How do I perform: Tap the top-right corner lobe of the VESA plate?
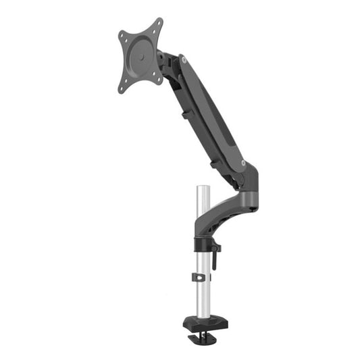click(159, 24)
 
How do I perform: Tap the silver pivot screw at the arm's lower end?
click(240, 163)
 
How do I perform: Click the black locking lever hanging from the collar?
click(215, 257)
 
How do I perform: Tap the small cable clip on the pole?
click(199, 278)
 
